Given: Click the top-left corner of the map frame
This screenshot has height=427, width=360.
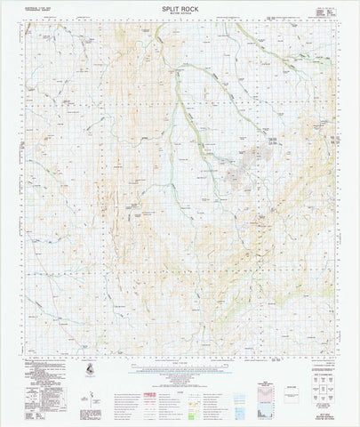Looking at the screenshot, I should pos(25,24).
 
